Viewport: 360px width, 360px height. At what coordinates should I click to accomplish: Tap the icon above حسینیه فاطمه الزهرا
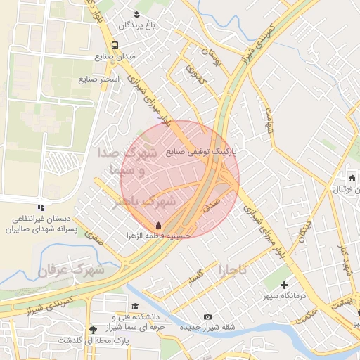(158, 226)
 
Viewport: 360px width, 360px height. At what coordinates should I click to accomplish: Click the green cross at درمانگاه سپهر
(284, 285)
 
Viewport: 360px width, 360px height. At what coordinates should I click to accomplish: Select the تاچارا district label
(233, 269)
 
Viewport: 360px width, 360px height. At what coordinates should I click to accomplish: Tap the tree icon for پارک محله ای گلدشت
(94, 329)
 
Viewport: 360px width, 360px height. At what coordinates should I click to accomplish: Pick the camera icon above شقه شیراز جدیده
(207, 316)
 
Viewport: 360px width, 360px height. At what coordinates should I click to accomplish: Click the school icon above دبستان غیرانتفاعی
(41, 208)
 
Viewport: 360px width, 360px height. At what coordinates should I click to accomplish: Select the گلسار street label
(195, 277)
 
